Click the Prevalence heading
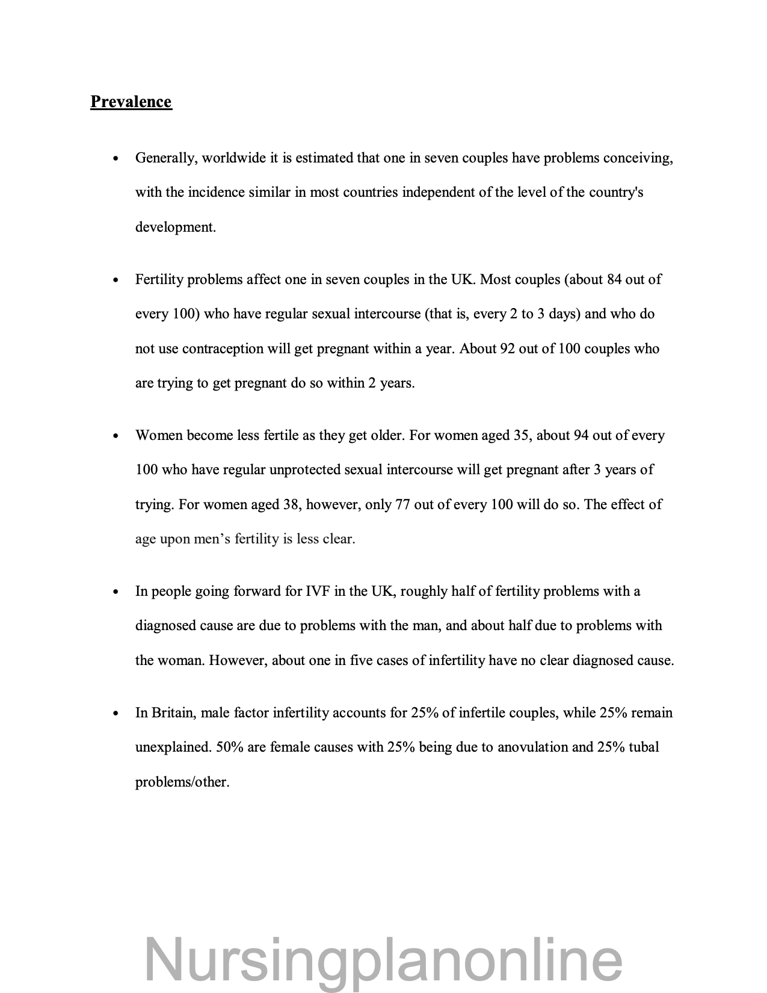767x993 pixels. (131, 102)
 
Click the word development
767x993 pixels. (175, 227)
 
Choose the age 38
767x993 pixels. (291, 504)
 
